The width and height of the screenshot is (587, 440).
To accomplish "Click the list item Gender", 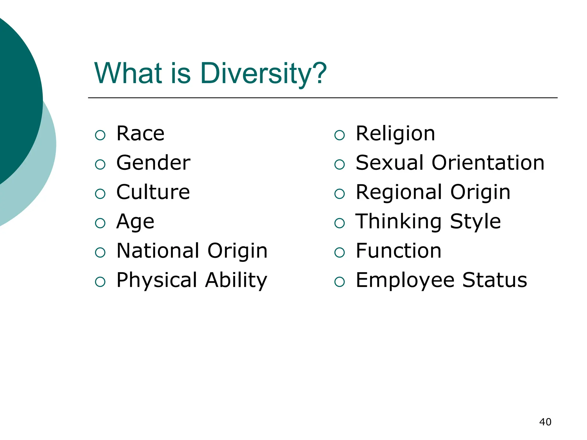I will click(153, 163).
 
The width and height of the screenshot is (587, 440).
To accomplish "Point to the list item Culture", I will click(153, 192).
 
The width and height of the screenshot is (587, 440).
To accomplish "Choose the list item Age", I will click(135, 222).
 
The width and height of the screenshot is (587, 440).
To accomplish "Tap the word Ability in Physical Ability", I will click(236, 280).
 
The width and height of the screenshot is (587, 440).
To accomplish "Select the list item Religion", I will click(395, 134).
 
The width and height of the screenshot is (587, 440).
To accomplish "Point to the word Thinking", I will click(398, 222).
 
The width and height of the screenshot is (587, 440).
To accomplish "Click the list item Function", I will click(398, 251).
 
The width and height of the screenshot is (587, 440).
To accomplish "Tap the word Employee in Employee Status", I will click(405, 280).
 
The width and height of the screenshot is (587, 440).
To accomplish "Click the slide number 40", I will click(545, 422).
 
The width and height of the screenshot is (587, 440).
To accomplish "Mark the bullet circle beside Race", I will click(100, 135).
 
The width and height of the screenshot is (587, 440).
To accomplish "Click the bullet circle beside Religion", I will click(339, 135).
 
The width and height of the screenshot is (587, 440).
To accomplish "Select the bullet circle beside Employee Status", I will click(339, 282).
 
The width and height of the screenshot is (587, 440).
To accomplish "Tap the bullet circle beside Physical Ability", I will click(100, 282).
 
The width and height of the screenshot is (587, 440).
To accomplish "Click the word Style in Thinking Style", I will click(475, 222).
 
